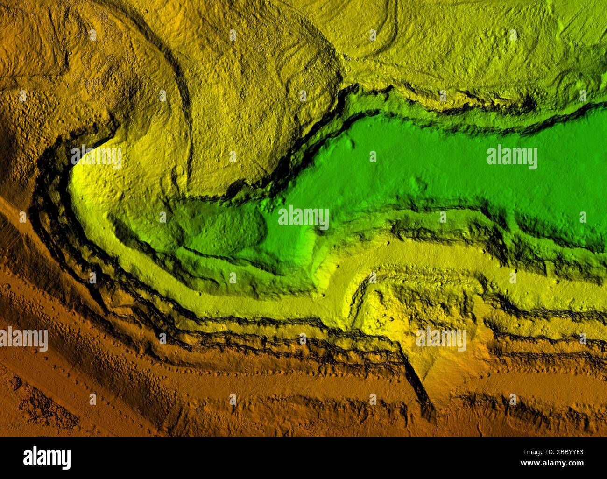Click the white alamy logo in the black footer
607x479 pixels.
47,458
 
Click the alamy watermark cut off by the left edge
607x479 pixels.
23,339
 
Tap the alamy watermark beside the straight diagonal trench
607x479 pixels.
441,339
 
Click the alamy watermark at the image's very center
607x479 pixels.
303,218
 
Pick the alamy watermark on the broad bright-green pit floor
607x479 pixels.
512,157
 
